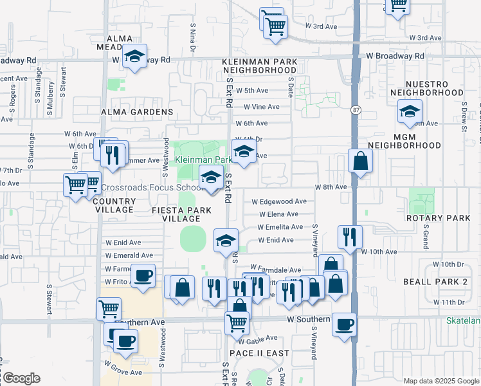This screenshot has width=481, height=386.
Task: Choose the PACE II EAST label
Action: [259, 353]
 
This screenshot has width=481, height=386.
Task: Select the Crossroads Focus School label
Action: [152, 188]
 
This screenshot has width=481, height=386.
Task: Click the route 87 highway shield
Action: [356, 111]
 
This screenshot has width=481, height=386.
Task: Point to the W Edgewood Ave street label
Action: [278, 201]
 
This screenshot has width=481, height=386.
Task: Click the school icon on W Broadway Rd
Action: [135, 57]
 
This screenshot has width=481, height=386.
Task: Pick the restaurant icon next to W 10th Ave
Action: [350, 237]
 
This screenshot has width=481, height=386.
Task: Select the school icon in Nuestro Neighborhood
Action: [410, 113]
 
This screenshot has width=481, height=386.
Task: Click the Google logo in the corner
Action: [21, 378]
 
